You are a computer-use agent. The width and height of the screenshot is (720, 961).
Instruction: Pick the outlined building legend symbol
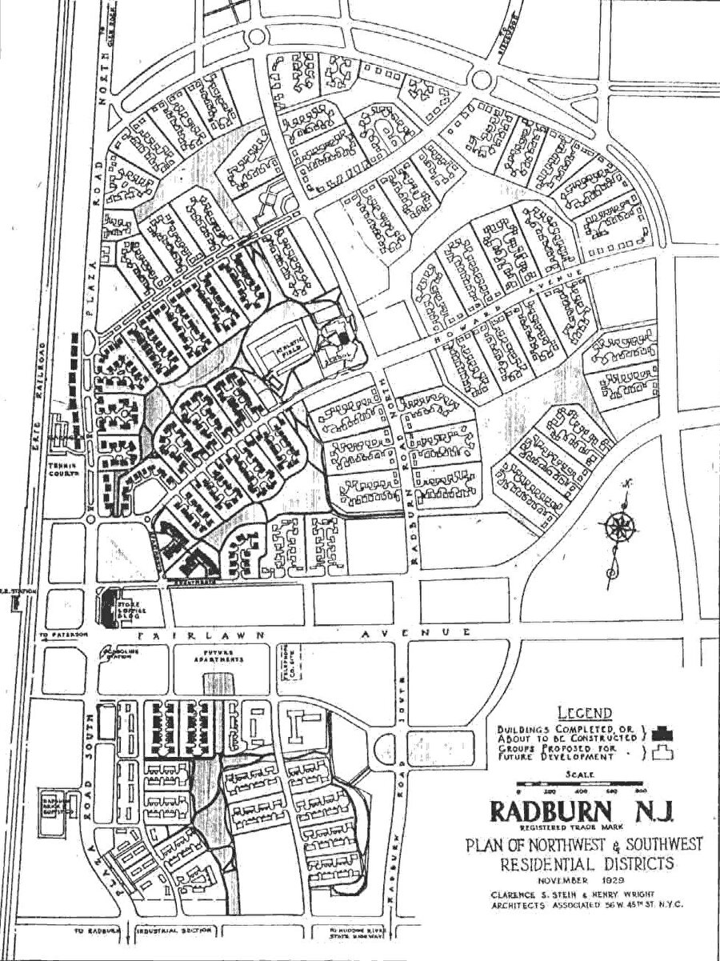pos(664,752)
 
